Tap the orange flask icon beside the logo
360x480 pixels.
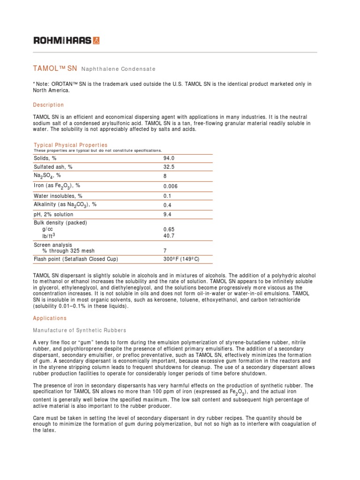tap(97, 41)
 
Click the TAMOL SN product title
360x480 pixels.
tap(55, 68)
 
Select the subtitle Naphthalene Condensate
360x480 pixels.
tap(118, 69)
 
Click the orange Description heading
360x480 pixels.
tap(48, 105)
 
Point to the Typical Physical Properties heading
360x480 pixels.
tap(70, 145)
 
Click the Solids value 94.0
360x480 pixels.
tap(169, 159)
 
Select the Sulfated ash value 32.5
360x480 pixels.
tap(169, 167)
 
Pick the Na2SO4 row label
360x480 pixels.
tap(47, 176)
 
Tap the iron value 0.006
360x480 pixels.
tap(171, 186)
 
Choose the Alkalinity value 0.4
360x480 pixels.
tap(167, 205)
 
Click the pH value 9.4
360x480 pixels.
tap(167, 215)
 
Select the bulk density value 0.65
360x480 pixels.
tap(169, 229)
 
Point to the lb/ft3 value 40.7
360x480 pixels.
tap(169, 236)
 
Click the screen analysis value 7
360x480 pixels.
tap(165, 251)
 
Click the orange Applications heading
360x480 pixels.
tap(50, 318)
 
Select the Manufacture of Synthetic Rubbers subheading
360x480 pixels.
tap(79, 331)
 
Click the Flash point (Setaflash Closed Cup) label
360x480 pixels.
tap(75, 259)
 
